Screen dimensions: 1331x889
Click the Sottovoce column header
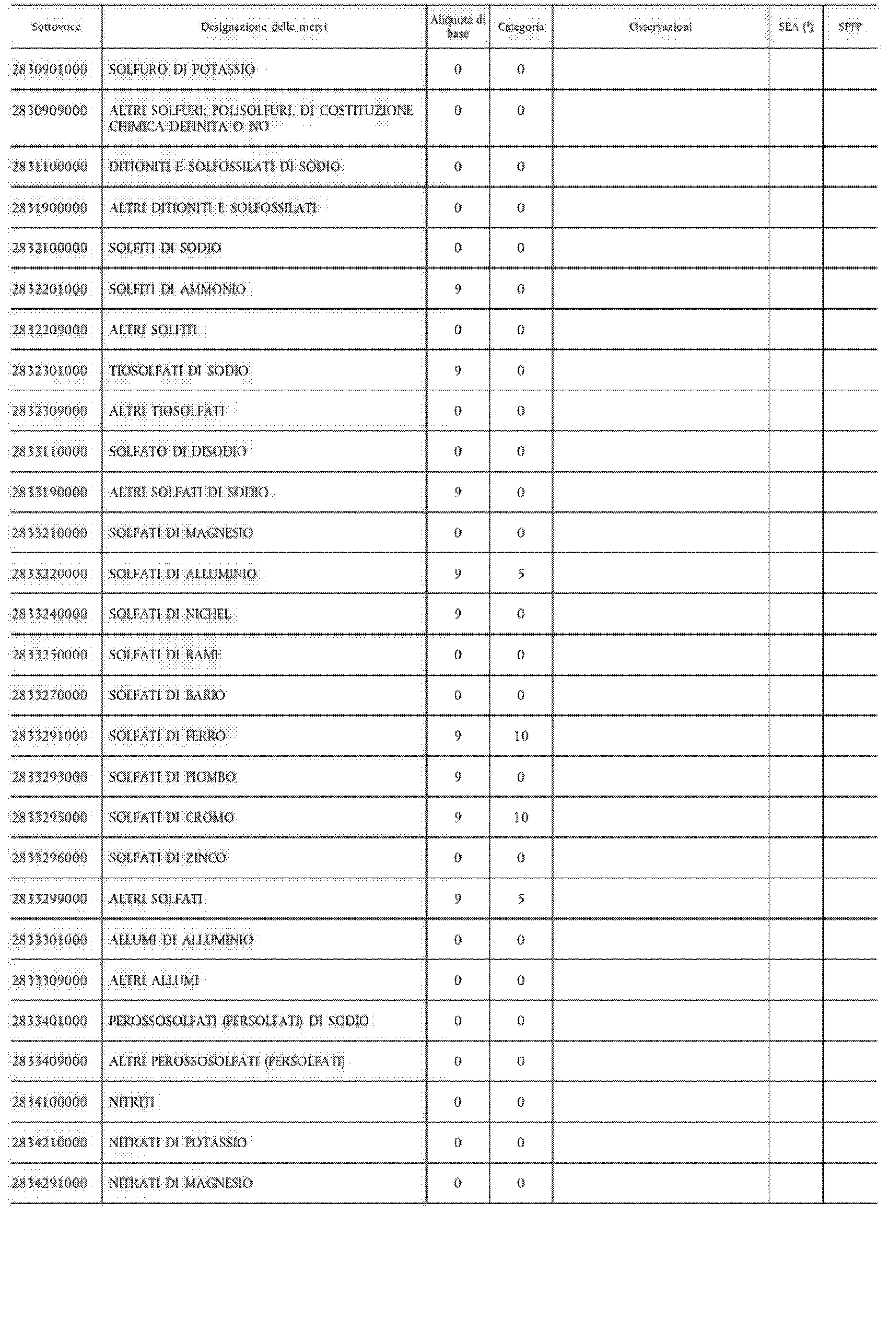coord(55,27)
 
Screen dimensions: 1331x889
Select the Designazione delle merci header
coord(264,27)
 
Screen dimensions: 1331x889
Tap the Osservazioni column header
coord(661,27)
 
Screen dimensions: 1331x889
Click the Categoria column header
coord(520,27)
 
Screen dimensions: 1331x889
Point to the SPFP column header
coord(850,27)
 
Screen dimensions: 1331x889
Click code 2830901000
coord(50,69)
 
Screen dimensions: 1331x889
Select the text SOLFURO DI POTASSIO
coord(182,69)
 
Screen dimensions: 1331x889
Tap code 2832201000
coord(50,289)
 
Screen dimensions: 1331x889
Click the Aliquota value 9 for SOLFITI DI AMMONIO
coord(458,289)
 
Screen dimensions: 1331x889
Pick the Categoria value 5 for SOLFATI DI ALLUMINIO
coord(520,574)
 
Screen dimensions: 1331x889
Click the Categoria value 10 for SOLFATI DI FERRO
coord(520,736)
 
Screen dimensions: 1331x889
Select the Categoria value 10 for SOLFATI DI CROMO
coord(520,818)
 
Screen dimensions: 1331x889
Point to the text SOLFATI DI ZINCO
coord(167,858)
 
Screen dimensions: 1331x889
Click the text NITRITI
coord(132,1102)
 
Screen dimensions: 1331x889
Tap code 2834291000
coord(50,1183)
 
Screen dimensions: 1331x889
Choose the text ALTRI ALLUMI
coord(154,980)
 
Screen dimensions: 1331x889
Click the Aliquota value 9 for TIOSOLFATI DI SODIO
coord(458,371)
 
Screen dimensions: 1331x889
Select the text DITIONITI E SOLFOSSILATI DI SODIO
coord(225,167)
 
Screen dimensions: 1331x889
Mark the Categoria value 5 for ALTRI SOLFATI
coord(520,899)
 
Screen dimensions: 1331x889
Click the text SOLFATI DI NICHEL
coord(170,614)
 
